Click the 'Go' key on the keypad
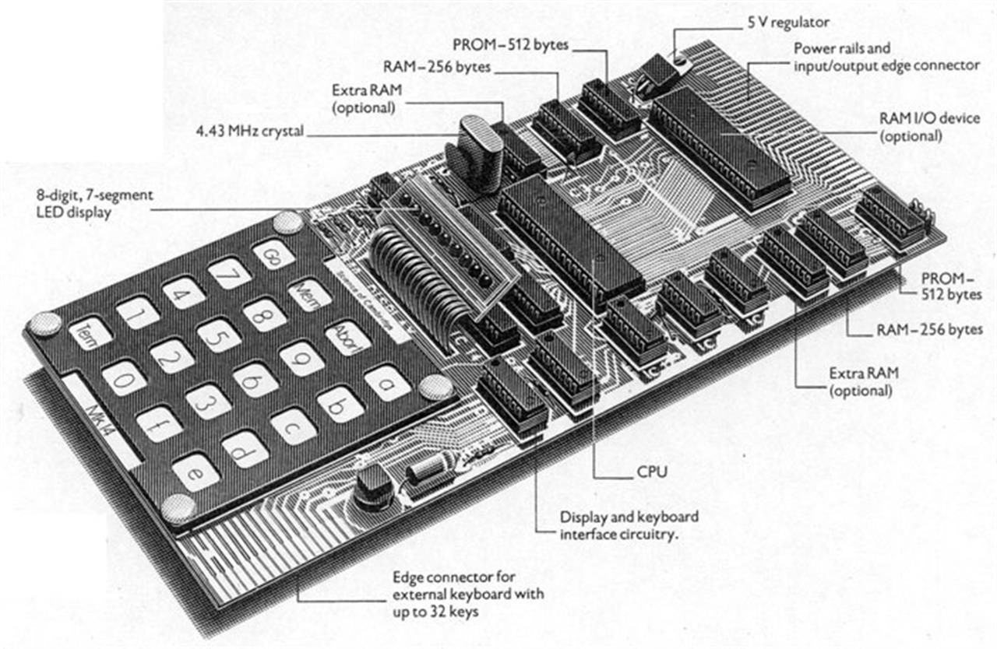(273, 254)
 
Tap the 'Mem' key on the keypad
(309, 295)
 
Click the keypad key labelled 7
(229, 273)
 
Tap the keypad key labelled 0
(124, 377)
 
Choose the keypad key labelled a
(387, 383)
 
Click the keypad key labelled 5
(218, 336)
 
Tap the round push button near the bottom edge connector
(374, 486)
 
